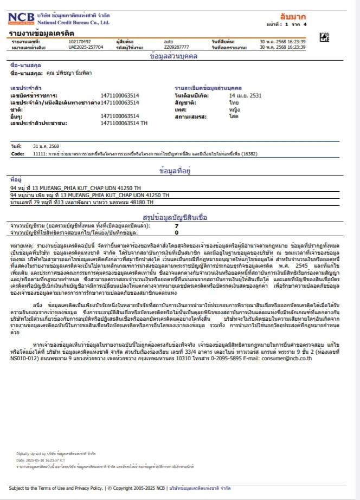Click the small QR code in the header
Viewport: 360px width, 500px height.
click(324, 37)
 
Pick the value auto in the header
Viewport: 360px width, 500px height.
click(169, 42)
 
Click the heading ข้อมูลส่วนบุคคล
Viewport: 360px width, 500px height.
click(174, 56)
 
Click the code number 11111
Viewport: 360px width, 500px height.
click(40, 153)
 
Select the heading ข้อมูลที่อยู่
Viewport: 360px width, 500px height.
click(174, 170)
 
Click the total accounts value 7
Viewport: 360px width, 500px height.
click(176, 225)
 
